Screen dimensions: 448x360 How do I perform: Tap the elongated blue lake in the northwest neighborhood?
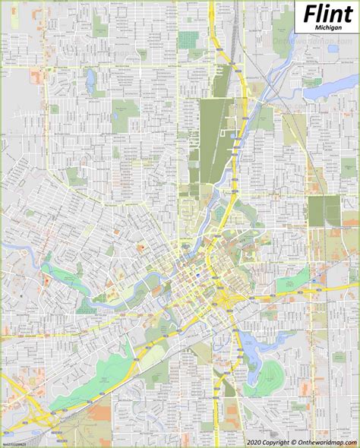(90, 78)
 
